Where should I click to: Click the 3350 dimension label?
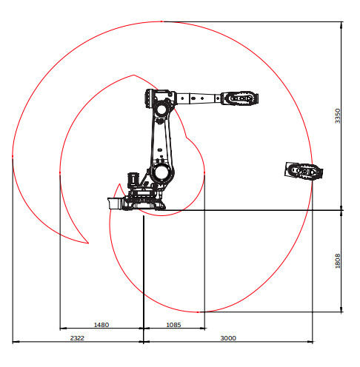coord(337,116)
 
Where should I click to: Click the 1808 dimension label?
coord(337,260)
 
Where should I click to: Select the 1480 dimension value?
coord(101,325)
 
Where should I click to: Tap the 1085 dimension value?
coord(173,325)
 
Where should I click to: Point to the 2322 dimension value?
coord(77,338)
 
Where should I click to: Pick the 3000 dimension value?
coord(228,338)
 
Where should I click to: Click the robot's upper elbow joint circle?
coord(161,110)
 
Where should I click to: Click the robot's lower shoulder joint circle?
coord(161,172)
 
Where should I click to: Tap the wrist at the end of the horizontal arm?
coord(239,98)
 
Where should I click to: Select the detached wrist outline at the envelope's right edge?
coord(304,171)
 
